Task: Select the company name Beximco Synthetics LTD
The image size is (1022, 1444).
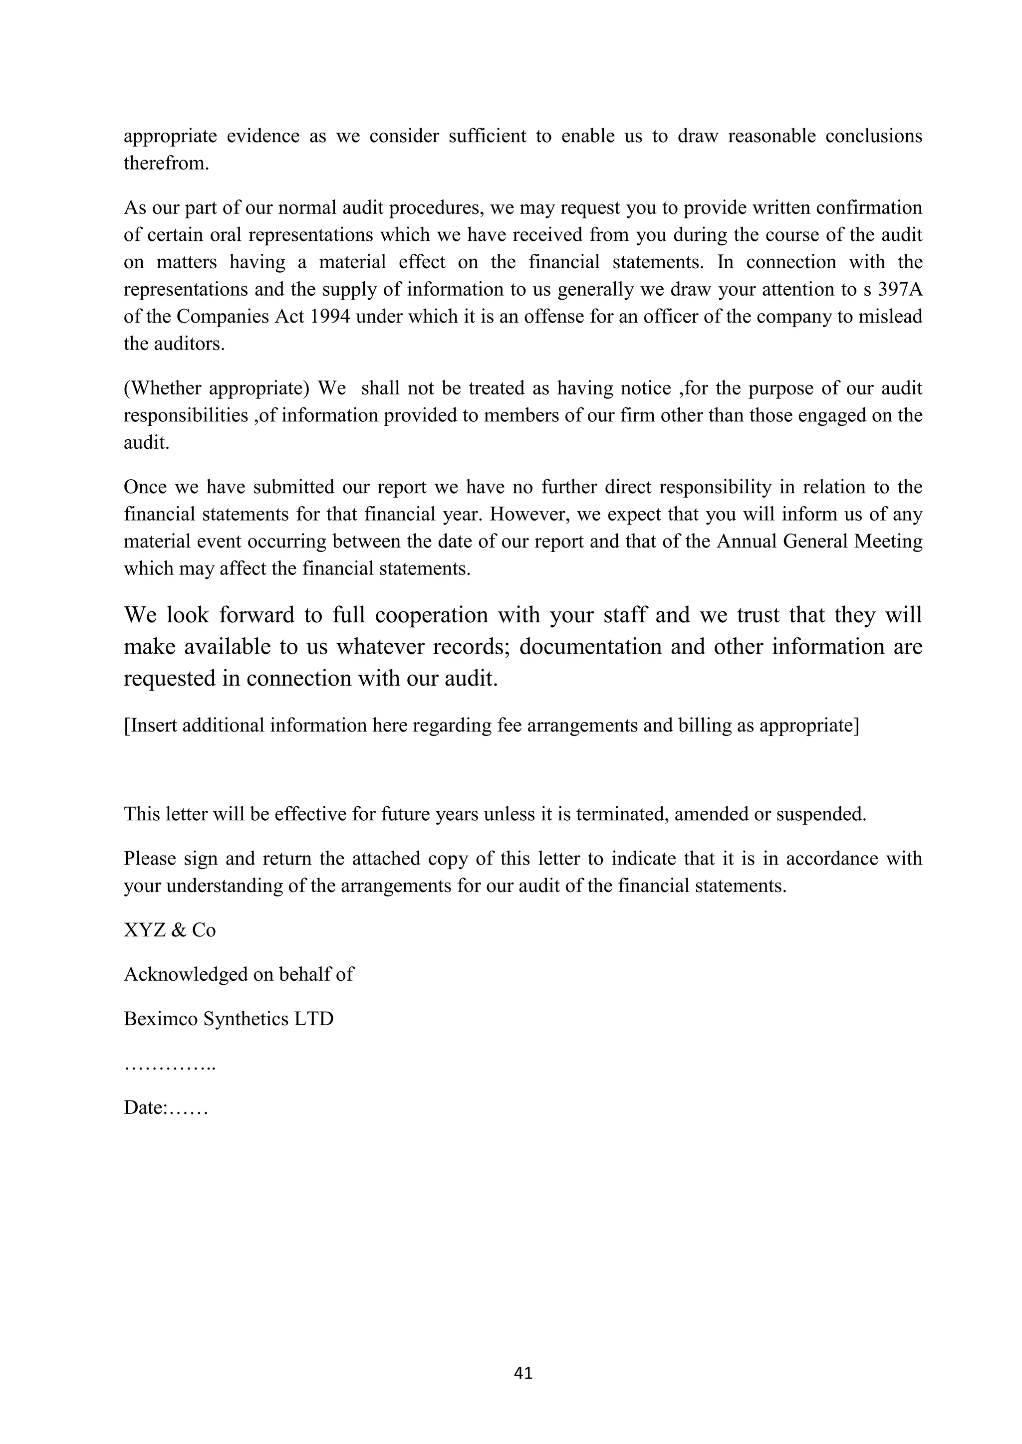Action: pos(229,1019)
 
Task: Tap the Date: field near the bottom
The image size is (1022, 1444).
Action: pos(166,1107)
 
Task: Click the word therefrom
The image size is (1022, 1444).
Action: pos(166,164)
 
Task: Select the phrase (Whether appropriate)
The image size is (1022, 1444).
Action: pos(217,388)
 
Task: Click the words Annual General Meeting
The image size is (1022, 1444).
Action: pos(819,541)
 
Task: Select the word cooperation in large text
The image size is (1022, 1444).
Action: pos(431,614)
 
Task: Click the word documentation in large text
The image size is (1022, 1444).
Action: pos(590,647)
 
